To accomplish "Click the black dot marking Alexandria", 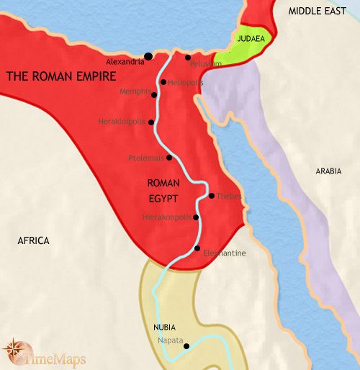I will tap(148, 56).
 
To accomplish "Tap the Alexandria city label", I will tap(124, 62).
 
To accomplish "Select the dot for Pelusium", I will tap(187, 58).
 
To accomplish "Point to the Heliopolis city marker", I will tap(164, 83).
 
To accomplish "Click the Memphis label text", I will tap(135, 91).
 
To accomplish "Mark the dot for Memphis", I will tap(154, 94).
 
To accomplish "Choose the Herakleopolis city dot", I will tap(150, 122).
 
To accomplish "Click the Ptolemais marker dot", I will tap(169, 158).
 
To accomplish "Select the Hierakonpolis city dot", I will tap(196, 216).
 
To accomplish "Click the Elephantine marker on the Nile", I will tap(197, 248).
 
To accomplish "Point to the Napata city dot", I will tap(186, 346).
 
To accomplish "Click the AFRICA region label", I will tap(33, 240).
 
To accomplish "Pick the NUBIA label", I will tap(163, 327).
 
